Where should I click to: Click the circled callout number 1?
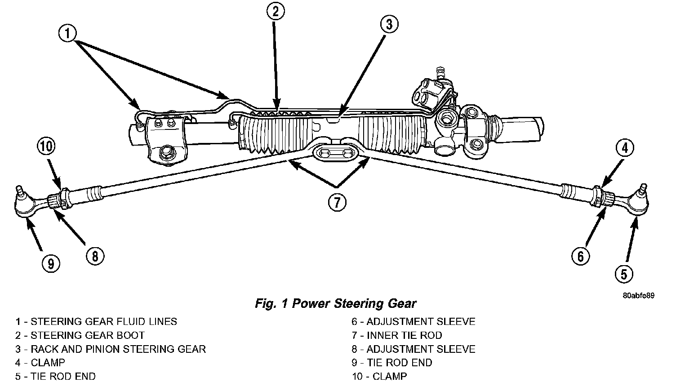(67, 33)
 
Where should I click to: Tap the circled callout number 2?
(276, 11)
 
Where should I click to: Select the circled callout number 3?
(389, 24)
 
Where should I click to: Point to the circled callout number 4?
(625, 148)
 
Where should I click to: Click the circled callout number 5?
(624, 274)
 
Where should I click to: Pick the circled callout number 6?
(580, 257)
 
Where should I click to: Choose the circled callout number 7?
(337, 202)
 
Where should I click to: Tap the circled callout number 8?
(95, 257)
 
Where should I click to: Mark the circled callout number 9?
(51, 264)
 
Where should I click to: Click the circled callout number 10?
(46, 147)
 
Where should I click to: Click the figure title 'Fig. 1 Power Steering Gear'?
(336, 303)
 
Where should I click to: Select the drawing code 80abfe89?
(639, 295)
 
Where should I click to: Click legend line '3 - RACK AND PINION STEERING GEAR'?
(111, 349)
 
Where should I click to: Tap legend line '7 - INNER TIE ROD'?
(397, 335)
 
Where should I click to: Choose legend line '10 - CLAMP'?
(379, 376)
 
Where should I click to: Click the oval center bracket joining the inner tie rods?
(336, 153)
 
